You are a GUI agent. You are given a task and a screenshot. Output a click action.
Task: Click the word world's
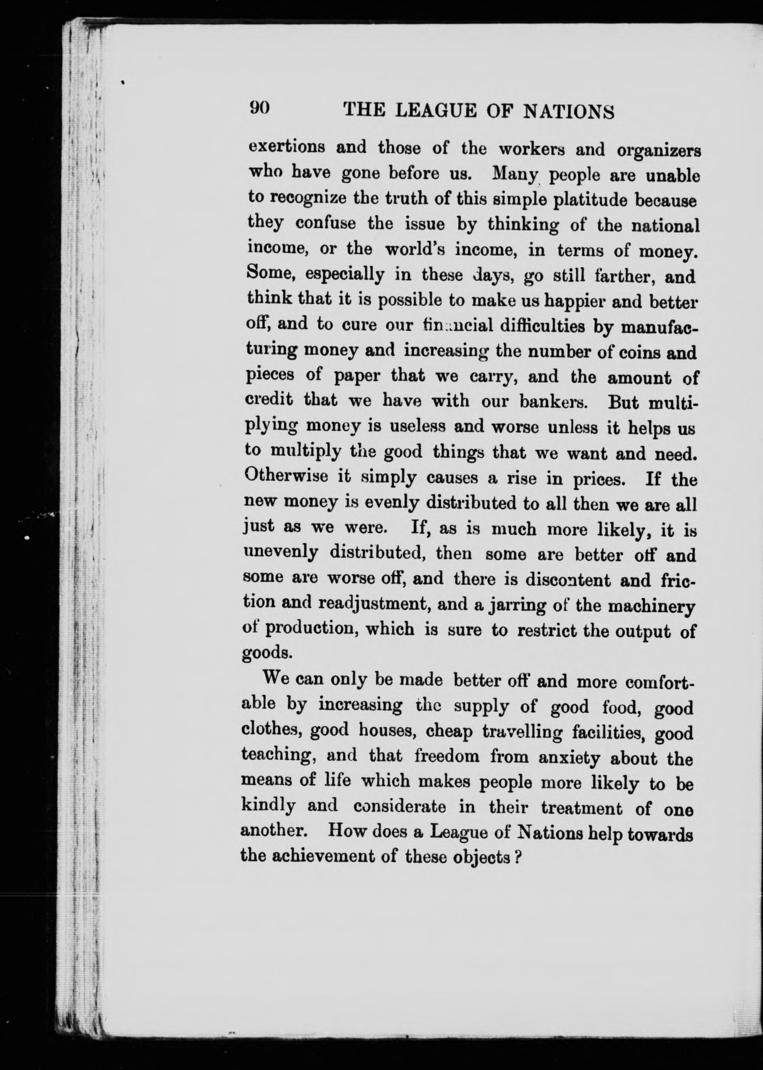pos(412,250)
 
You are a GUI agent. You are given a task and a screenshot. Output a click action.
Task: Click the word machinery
pos(651,607)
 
